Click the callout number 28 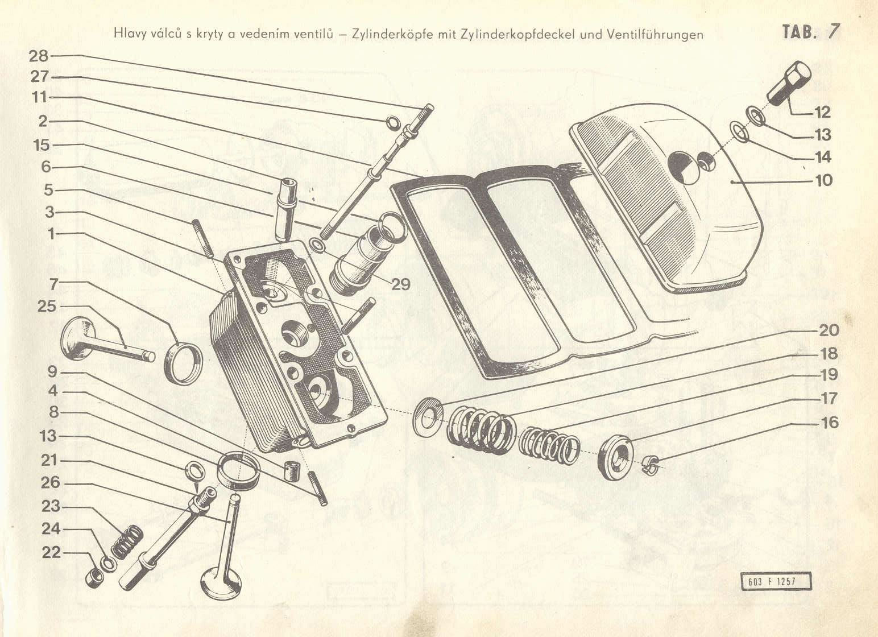pyautogui.click(x=39, y=56)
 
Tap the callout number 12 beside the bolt pyautogui.click(x=822, y=113)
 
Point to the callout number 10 pyautogui.click(x=823, y=181)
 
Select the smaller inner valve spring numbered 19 pyautogui.click(x=549, y=445)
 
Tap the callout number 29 pyautogui.click(x=400, y=284)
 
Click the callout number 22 pyautogui.click(x=51, y=552)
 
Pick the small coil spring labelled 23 pyautogui.click(x=127, y=542)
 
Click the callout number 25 pyautogui.click(x=47, y=306)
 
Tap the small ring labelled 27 pyautogui.click(x=393, y=123)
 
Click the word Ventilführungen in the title pyautogui.click(x=655, y=35)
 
